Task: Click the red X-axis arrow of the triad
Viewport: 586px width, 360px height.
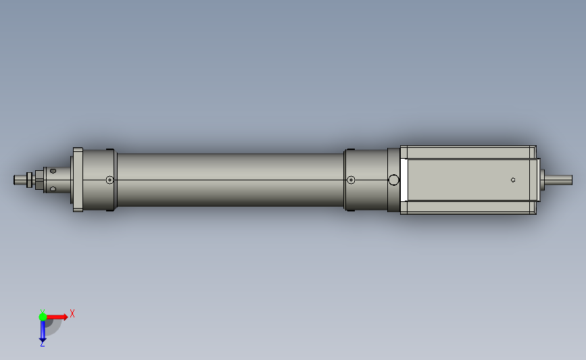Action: coord(57,317)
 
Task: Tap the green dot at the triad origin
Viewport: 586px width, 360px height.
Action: coord(43,317)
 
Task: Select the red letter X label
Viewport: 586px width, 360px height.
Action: coord(72,313)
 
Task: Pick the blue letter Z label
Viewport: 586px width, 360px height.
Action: coord(42,344)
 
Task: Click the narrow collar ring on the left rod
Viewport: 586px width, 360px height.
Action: coord(29,180)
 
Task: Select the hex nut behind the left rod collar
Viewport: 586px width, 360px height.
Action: coord(39,180)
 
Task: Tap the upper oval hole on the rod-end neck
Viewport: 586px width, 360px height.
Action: coord(53,171)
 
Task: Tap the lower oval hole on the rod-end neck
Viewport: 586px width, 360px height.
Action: coord(53,189)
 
